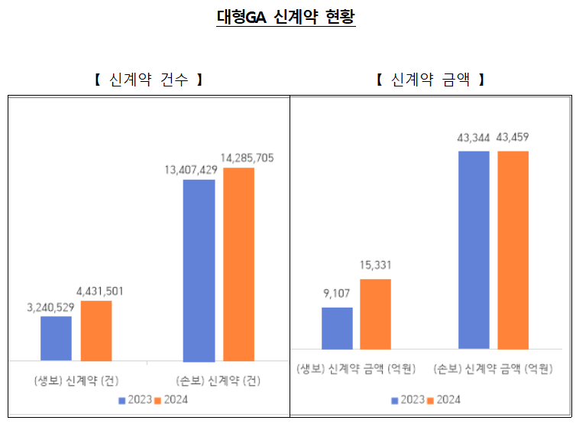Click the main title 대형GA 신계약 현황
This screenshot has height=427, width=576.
[286, 17]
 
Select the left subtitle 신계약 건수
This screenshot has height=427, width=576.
[148, 80]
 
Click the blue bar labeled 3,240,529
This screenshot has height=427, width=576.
[56, 338]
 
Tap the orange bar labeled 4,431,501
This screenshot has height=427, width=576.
[96, 331]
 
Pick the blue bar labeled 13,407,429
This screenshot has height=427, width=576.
[199, 270]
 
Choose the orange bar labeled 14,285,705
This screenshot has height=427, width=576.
[239, 264]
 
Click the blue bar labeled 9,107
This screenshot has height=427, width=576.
[337, 328]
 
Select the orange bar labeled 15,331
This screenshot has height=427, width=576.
[375, 314]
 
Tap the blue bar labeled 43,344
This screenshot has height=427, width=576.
[474, 249]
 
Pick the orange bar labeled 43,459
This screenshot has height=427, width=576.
[513, 249]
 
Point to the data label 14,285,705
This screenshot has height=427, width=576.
[247, 158]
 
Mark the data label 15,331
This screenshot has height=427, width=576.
[375, 266]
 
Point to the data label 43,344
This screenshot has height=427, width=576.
[474, 138]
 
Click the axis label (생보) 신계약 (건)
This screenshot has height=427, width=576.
[76, 380]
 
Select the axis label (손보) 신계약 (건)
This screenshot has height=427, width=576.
[218, 380]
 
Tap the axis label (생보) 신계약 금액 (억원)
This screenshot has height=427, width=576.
[356, 370]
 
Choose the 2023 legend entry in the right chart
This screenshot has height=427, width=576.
[408, 399]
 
